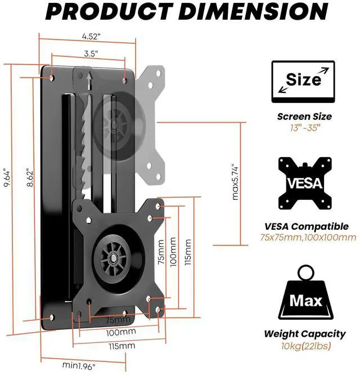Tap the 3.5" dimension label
88,54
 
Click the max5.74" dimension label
236,182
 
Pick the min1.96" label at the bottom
79,365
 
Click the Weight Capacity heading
305,334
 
